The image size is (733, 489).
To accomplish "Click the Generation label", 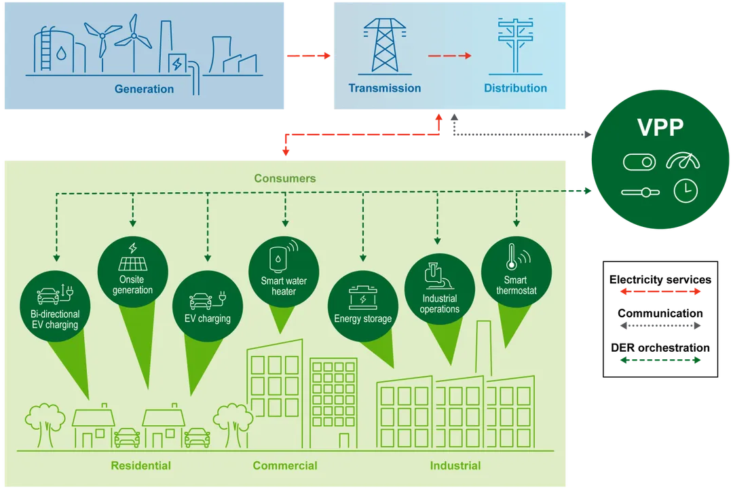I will [144, 89].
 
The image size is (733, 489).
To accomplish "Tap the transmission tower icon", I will [384, 46].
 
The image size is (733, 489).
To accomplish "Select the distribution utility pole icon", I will [515, 46].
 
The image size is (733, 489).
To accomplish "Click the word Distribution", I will [515, 88].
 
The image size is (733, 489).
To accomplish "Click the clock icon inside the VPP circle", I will [685, 191].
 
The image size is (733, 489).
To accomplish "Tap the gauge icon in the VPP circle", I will [682, 162].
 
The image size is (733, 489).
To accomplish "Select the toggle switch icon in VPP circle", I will [639, 162].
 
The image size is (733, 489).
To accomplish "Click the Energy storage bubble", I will [362, 303].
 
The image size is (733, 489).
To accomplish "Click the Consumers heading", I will [285, 179].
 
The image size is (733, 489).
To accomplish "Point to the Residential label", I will [140, 466].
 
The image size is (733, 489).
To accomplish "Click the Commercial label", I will [285, 466].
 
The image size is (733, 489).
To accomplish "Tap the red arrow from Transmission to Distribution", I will [449, 56].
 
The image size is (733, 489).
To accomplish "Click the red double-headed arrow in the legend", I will [659, 292].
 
